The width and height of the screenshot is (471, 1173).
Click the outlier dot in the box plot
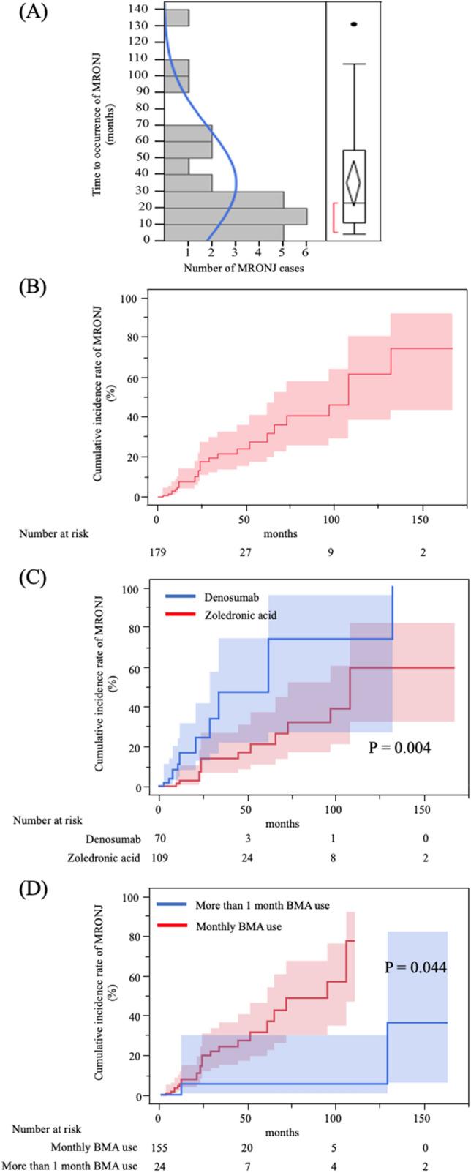[354, 24]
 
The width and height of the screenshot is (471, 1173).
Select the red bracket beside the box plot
[335, 217]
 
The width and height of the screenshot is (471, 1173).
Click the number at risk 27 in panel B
[246, 552]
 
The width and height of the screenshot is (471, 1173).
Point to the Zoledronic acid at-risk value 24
[246, 858]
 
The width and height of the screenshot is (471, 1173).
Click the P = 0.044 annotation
[415, 967]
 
